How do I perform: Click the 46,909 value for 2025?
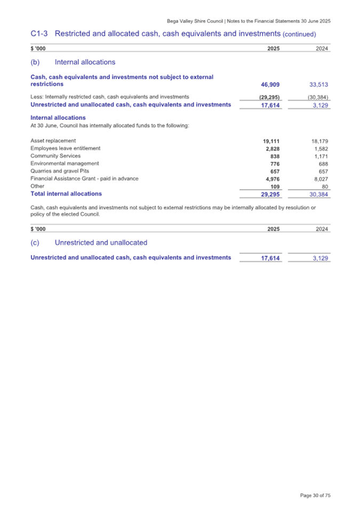point(269,84)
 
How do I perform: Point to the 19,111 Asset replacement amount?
point(271,141)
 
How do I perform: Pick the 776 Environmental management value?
point(275,164)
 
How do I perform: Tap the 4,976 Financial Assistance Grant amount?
point(272,179)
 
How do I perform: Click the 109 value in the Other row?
point(275,187)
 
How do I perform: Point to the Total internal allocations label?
point(66,194)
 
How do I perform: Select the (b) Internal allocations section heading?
point(73,62)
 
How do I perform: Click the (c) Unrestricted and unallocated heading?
point(89,242)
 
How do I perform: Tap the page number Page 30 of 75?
point(315,496)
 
